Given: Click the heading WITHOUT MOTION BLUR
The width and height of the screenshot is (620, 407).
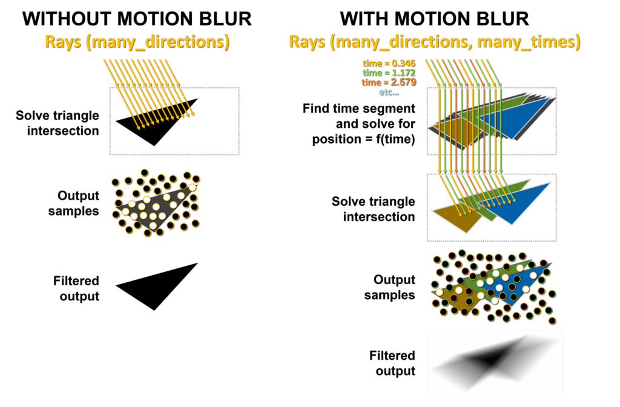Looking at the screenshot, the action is coord(137,19).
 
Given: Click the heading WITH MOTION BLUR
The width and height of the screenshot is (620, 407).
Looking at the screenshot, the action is coord(434,19).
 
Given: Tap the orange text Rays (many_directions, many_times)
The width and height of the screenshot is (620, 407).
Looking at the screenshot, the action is coord(435,42).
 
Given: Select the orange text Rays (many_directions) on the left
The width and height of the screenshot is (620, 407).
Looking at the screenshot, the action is coord(137,42).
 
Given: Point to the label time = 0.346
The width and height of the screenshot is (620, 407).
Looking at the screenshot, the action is coord(389,63).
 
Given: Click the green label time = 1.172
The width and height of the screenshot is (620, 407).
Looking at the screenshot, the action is coord(389,73).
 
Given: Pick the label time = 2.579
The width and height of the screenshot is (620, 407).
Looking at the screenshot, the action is coord(389,82).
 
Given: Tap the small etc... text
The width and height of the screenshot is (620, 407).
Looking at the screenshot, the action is coord(389,92).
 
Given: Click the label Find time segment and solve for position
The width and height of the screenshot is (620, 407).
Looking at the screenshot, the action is coord(359,124).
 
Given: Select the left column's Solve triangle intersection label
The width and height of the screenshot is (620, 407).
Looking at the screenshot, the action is coord(58,123).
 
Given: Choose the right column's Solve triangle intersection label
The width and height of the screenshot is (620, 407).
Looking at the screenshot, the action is coord(373,209).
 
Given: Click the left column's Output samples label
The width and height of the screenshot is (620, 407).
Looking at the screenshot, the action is coord(73,203).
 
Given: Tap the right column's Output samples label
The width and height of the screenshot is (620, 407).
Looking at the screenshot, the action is coord(389,287).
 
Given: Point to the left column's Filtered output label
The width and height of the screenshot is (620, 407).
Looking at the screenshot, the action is coord(76,288).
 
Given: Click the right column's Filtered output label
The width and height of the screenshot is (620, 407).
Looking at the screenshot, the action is coord(392,363).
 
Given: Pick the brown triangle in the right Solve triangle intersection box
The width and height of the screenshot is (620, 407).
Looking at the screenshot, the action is coord(459,217).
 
